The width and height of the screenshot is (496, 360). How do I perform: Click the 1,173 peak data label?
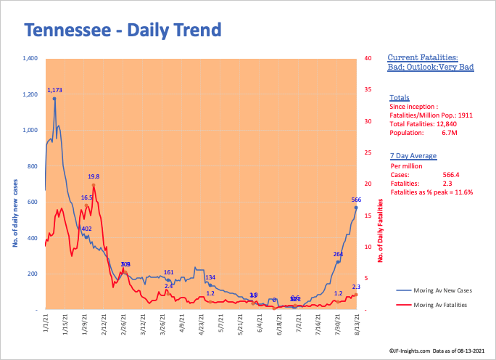pos(55,91)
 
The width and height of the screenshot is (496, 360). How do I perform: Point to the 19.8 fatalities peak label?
pos(94,176)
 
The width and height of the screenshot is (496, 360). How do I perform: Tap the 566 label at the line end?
pos(356,200)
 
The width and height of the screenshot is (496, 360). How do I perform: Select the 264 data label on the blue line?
pos(338,254)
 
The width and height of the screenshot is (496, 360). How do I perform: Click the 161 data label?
pos(168,272)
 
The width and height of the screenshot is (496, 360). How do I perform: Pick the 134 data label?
pos(210,278)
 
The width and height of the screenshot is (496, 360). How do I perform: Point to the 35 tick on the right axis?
pos(368,89)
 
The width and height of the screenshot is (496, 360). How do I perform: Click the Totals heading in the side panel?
pos(399,97)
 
